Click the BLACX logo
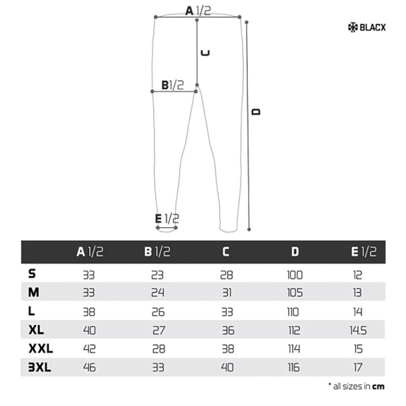pyautogui.click(x=367, y=27)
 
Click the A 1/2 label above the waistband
pyautogui.click(x=198, y=11)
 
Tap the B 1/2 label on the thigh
pyautogui.click(x=173, y=85)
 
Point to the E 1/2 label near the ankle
pyautogui.click(x=167, y=219)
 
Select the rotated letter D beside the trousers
pyautogui.click(x=256, y=112)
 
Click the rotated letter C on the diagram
pyautogui.click(x=205, y=53)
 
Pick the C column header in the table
pyautogui.click(x=226, y=251)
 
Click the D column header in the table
pyautogui.click(x=295, y=251)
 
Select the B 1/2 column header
pyautogui.click(x=157, y=251)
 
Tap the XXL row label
pyautogui.click(x=41, y=349)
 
